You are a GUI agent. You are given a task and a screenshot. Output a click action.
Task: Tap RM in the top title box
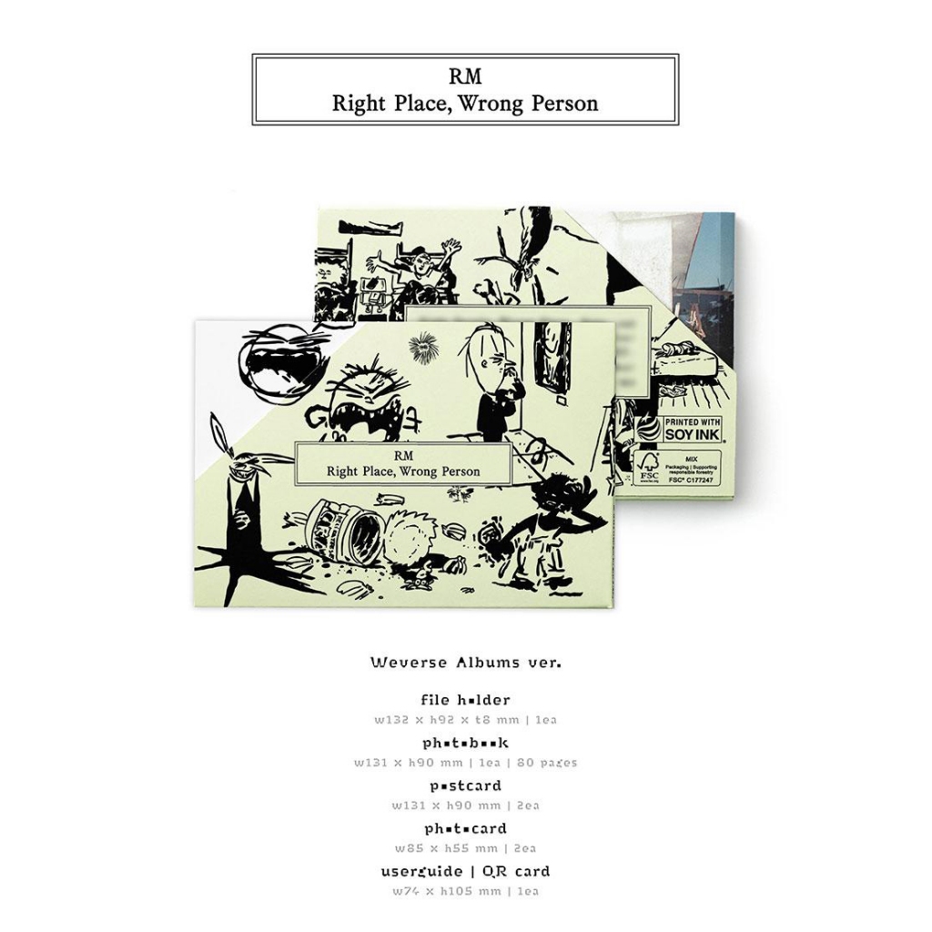465,77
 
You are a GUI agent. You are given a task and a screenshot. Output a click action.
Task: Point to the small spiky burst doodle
421,346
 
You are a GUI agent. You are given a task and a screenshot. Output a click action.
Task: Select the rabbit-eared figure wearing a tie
241,491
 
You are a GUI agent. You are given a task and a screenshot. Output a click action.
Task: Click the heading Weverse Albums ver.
465,663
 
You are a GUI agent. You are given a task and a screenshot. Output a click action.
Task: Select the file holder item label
465,701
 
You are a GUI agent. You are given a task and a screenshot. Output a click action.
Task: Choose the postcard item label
465,785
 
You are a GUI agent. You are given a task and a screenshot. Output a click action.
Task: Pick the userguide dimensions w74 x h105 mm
453,891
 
